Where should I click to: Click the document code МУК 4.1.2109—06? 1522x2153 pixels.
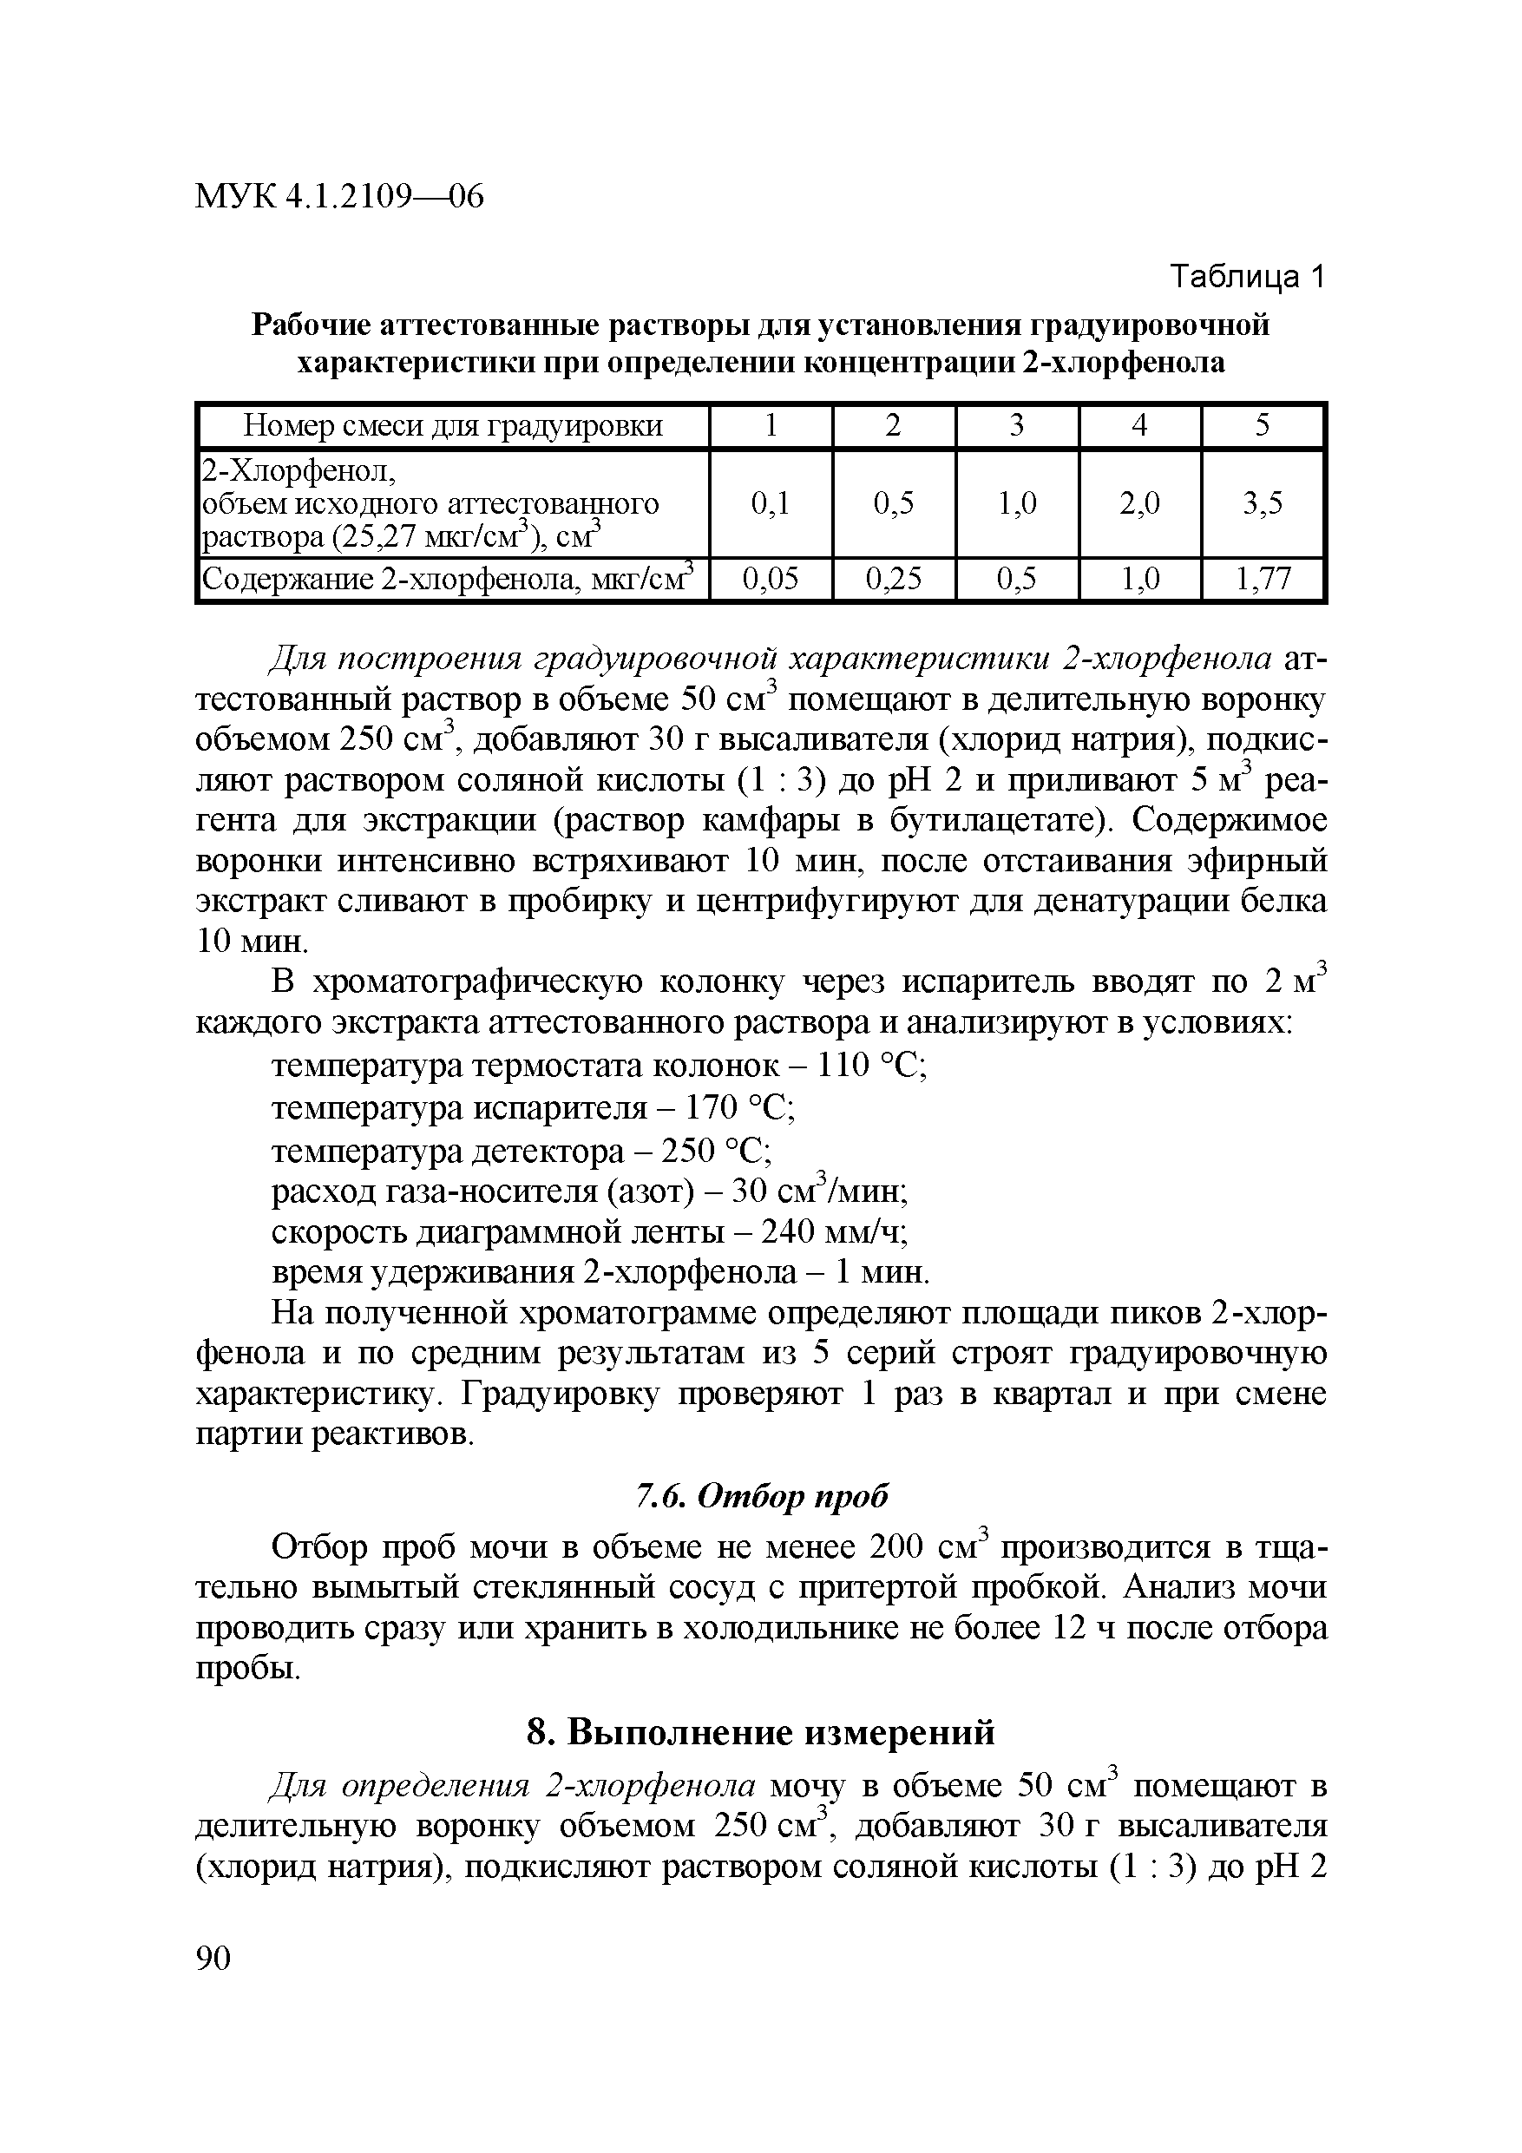(339, 196)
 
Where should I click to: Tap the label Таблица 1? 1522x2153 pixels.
(1246, 277)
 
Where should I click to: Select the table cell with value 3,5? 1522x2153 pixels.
(1263, 504)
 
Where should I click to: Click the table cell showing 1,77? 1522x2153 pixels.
(1263, 580)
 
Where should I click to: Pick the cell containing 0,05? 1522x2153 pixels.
(771, 580)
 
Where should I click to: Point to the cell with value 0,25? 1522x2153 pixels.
(894, 580)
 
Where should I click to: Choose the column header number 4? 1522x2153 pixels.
(1139, 427)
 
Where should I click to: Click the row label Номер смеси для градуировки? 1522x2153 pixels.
(453, 427)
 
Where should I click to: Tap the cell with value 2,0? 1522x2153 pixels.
(1139, 504)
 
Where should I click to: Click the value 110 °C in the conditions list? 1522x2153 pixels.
(872, 1067)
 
